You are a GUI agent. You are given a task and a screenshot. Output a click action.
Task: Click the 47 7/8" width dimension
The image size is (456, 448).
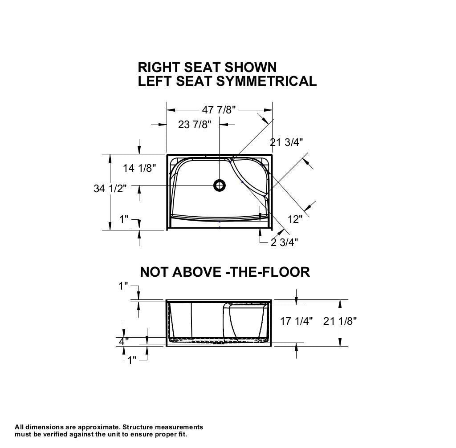[x=219, y=110]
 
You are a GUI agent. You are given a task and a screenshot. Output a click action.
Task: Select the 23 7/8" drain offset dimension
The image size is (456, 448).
[x=195, y=125]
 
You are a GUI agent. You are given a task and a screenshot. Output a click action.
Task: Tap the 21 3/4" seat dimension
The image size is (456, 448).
[x=286, y=142]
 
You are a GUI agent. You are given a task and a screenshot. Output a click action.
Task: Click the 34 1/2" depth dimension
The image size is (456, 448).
[x=110, y=189]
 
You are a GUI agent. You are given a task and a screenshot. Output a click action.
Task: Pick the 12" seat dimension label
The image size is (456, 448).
[x=295, y=219]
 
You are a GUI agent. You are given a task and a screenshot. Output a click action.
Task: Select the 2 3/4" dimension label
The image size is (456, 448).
[x=285, y=242]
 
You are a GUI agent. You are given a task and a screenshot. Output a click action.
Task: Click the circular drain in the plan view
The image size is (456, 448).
[x=219, y=186]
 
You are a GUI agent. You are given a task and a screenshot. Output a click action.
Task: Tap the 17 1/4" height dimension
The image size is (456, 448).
[x=296, y=321]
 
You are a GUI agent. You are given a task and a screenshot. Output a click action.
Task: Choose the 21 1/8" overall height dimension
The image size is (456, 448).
[x=340, y=321]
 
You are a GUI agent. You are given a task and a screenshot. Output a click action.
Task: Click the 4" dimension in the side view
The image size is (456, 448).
[x=124, y=341]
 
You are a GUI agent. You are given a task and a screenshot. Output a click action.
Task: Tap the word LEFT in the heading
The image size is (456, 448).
[x=155, y=81]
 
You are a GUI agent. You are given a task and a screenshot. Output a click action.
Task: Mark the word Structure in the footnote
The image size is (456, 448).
[x=137, y=427]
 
